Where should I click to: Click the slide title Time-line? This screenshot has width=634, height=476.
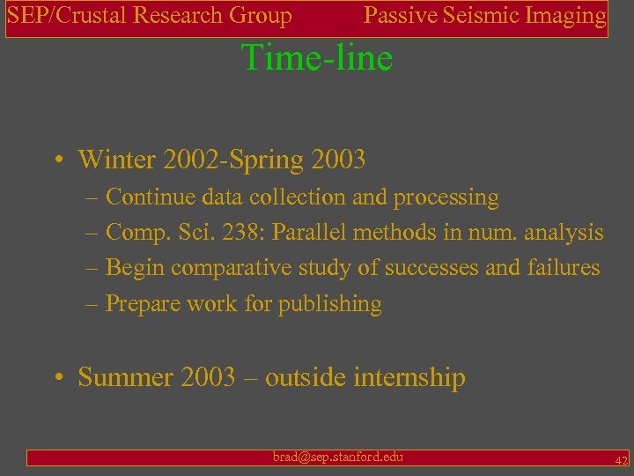tap(317, 58)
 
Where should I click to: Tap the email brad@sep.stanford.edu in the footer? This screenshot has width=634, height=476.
tap(338, 457)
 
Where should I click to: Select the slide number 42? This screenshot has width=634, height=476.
tap(621, 460)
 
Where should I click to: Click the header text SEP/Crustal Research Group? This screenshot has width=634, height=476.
tap(150, 16)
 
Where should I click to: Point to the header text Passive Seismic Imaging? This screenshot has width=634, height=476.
tap(485, 16)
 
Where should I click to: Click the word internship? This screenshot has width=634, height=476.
tap(409, 378)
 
